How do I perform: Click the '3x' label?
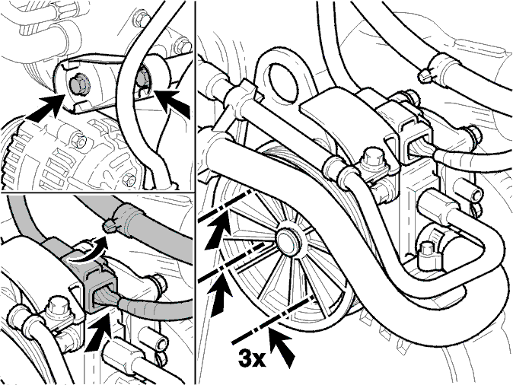pos(252,358)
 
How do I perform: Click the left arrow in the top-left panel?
pos(44,109)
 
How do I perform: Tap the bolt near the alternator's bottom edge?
pos(129,180)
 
